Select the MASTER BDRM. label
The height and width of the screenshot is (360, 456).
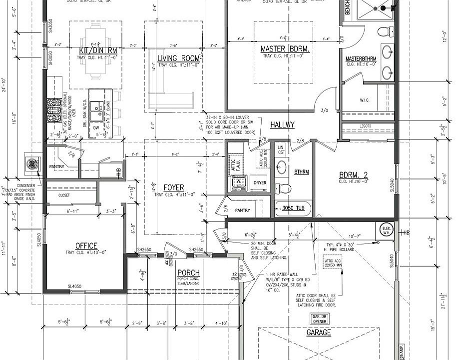click(x=285, y=49)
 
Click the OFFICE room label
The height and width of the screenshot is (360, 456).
click(x=86, y=245)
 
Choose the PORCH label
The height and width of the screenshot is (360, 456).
click(x=188, y=272)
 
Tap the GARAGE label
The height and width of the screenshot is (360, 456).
click(x=318, y=332)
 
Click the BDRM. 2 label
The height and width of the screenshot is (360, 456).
click(x=353, y=175)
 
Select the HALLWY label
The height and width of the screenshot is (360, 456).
click(x=282, y=124)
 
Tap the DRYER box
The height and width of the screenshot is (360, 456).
click(x=260, y=183)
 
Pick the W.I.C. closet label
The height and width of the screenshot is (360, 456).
click(x=364, y=99)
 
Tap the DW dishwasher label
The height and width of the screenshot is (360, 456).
click(x=96, y=127)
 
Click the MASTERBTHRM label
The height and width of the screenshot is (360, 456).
click(x=361, y=59)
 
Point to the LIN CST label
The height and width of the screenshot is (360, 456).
click(x=281, y=149)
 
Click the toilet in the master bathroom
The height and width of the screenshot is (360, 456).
click(x=383, y=32)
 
